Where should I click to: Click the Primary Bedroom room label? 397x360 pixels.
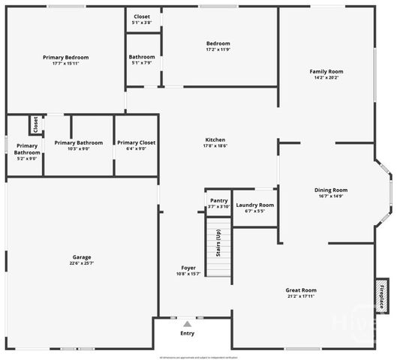66,58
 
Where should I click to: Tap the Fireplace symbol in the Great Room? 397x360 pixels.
382,295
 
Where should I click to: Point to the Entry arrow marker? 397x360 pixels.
187,324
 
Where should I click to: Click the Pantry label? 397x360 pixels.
218,200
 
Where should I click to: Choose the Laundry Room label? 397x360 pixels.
255,205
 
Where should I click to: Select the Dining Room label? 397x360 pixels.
331,190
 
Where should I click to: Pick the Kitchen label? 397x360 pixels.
215,139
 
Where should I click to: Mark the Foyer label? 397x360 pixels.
188,268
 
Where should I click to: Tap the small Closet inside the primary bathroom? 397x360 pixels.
35,124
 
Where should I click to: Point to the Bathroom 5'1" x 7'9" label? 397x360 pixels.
142,57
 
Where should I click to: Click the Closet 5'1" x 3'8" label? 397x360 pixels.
142,16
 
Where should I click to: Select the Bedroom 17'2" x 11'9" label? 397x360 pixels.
218,43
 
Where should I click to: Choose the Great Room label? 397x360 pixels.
301,290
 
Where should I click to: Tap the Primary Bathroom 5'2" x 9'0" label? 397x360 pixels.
27,149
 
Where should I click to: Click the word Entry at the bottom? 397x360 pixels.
187,334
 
